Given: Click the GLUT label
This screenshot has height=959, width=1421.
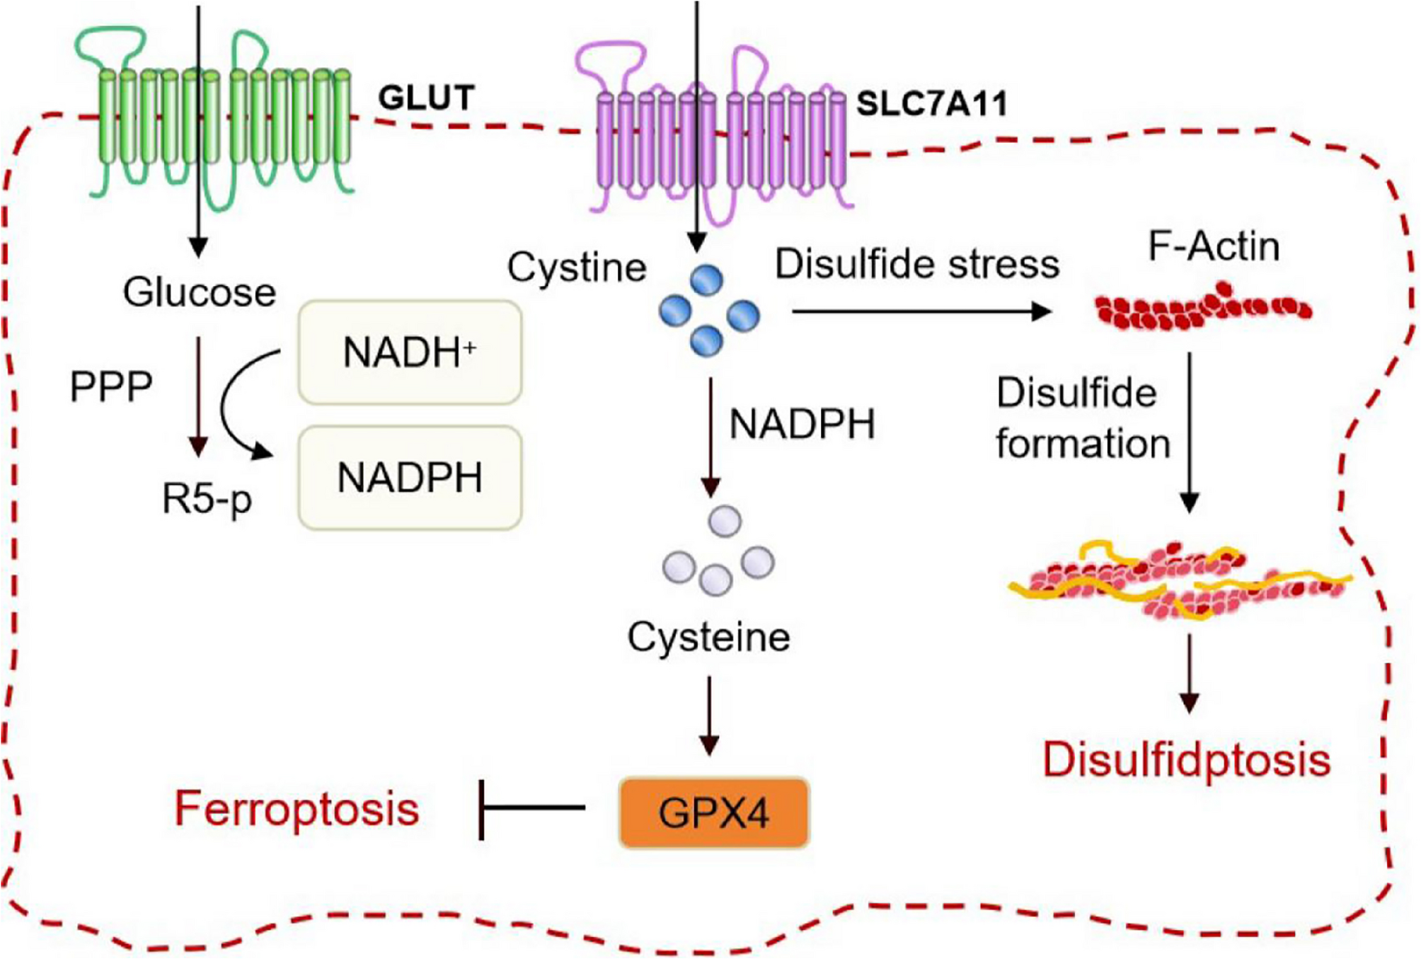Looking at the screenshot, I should (x=426, y=98).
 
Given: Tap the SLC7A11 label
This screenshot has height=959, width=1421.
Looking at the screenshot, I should (x=931, y=104).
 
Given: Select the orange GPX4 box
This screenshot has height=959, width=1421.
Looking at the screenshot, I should (x=713, y=812).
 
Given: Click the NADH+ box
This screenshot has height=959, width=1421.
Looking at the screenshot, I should (x=410, y=352).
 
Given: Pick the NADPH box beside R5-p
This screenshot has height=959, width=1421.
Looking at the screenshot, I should (x=410, y=478).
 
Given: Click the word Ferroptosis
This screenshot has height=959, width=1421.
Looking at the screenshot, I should (x=297, y=808).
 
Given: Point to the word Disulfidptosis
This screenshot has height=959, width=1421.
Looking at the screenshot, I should (x=1186, y=760).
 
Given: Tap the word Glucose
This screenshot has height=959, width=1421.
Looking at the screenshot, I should (x=199, y=292).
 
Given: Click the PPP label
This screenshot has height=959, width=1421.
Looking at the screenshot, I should (x=111, y=386).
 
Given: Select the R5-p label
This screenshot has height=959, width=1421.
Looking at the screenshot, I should (x=207, y=499).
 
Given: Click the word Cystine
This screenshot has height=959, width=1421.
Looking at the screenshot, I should (x=577, y=268).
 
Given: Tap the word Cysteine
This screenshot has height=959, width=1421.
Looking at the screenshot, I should (x=708, y=637).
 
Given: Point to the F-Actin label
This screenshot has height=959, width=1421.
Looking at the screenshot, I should (x=1214, y=246).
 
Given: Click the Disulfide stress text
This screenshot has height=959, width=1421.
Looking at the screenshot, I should (x=917, y=264).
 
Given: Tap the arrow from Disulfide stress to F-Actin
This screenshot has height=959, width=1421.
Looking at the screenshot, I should (x=920, y=311).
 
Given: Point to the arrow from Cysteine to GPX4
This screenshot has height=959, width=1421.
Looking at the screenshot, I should (x=709, y=715).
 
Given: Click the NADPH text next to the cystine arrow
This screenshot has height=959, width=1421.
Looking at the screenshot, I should (x=802, y=425).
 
